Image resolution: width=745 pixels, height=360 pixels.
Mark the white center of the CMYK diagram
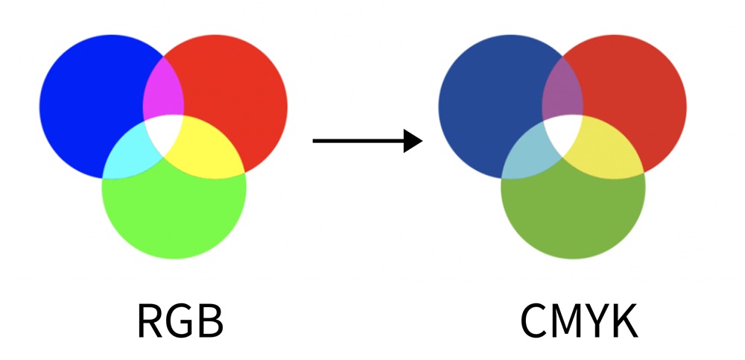point(563,132)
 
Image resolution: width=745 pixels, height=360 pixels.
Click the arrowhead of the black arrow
point(413,140)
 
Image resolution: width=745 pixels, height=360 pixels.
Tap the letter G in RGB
point(180,321)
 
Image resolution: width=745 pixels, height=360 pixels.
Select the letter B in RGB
point(209,321)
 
